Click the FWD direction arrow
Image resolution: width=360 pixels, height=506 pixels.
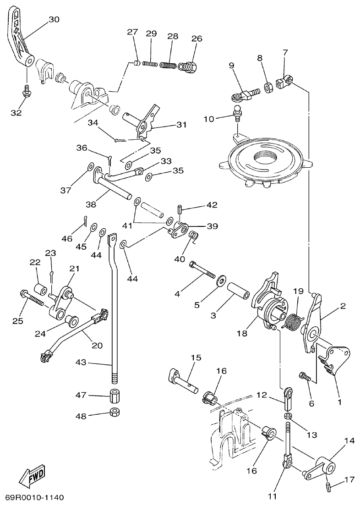click(32, 478)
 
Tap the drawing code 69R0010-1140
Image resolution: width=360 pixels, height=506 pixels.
click(35, 497)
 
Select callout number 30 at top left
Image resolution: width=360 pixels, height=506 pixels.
click(54, 19)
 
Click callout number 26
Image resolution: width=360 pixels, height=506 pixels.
click(196, 38)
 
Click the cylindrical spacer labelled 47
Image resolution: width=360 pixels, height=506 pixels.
click(115, 396)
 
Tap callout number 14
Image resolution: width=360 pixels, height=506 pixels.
click(349, 441)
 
